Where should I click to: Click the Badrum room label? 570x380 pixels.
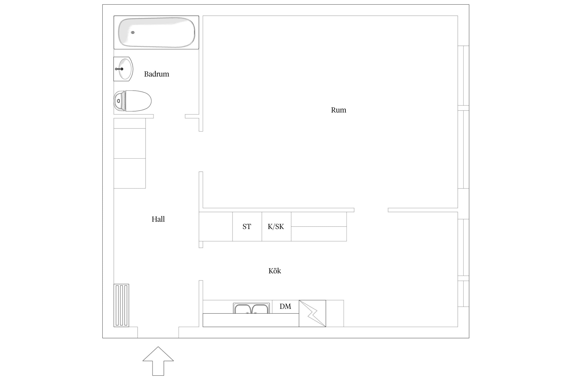157,74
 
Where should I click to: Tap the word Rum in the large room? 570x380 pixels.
338,110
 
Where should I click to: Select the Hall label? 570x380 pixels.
158,219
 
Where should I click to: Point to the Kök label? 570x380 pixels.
275,271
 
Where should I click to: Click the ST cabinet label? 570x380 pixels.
247,226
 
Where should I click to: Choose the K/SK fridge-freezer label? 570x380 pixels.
276,226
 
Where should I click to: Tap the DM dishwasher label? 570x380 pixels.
285,307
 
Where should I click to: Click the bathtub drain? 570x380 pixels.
133,32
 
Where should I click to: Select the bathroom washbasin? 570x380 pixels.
123,69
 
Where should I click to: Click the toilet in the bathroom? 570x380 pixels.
132,101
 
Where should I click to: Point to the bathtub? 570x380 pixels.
156,32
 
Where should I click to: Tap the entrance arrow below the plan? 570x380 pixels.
158,361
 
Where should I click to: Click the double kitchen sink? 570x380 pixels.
251,308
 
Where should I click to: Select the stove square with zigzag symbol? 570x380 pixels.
312,314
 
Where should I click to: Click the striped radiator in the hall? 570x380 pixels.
121,306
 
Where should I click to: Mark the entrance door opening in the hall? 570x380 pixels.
158,332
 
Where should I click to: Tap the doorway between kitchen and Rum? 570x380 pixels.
371,210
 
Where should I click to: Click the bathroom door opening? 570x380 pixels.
169,116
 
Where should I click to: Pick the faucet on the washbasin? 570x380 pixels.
119,69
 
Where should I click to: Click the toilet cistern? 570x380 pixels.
120,101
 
